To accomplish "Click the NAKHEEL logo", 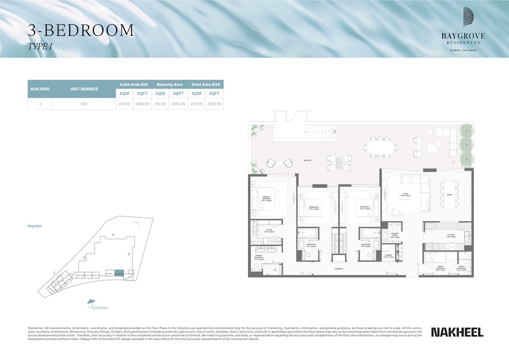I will coord(457,332).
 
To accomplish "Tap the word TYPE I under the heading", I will coord(40,46).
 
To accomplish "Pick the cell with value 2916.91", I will coord(214,103).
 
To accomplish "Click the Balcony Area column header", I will coord(169,85).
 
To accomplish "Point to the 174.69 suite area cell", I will coord(124,103).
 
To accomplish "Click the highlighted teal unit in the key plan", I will coord(119,273).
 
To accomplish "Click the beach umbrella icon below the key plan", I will coord(92,303).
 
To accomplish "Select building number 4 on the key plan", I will coord(113,235).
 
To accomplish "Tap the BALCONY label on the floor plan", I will coord(307,160).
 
